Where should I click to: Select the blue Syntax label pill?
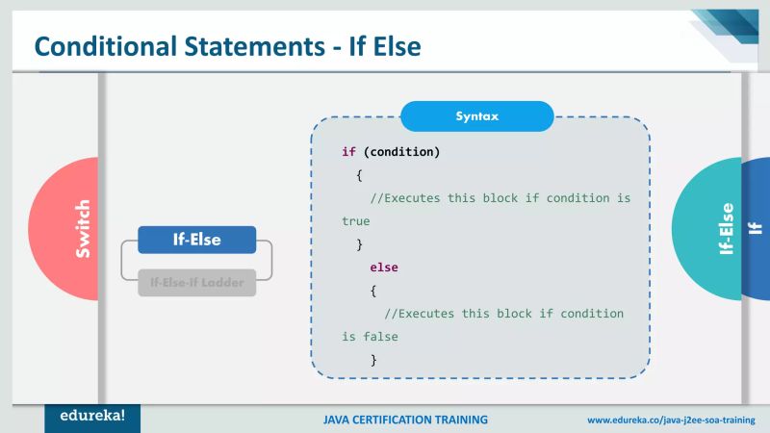pyautogui.click(x=476, y=116)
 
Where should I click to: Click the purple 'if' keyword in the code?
pyautogui.click(x=348, y=152)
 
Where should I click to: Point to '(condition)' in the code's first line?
pyautogui.click(x=401, y=152)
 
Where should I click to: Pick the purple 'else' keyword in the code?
pyautogui.click(x=384, y=267)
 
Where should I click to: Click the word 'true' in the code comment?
pyautogui.click(x=355, y=221)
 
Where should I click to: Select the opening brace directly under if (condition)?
pyautogui.click(x=358, y=175)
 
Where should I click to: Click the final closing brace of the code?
pyautogui.click(x=372, y=360)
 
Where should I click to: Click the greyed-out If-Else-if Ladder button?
pyautogui.click(x=196, y=283)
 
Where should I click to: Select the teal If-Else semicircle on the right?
pyautogui.click(x=712, y=229)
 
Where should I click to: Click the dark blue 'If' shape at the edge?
pyautogui.click(x=756, y=229)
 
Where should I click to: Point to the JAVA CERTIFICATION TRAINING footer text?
pyautogui.click(x=405, y=420)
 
